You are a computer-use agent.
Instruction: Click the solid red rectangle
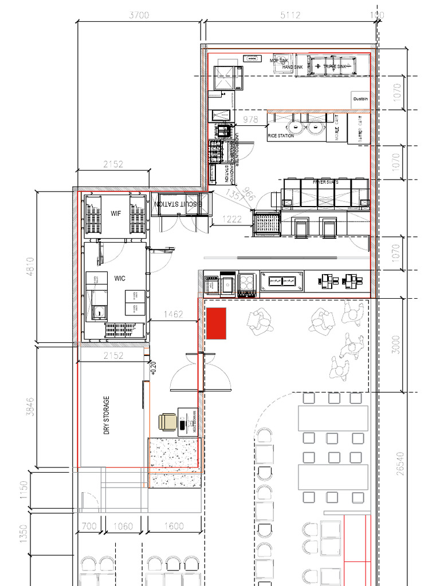[x=217, y=323]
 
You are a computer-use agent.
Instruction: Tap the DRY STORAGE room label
[x=107, y=415]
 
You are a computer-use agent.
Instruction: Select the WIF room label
[x=116, y=213]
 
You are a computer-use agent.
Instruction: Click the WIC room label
[x=120, y=279]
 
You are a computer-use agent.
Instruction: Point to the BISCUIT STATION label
[x=178, y=204]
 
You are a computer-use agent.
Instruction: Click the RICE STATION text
[x=281, y=136]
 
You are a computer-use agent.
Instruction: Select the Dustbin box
[x=360, y=99]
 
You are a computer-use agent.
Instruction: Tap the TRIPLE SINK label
[x=335, y=67]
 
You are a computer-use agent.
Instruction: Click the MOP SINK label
[x=280, y=60]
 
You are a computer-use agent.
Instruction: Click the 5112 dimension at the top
[x=290, y=15]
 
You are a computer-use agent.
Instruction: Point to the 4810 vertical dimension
[x=30, y=267]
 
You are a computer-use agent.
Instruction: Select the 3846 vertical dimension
[x=30, y=407]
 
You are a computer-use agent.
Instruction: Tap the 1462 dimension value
[x=173, y=314]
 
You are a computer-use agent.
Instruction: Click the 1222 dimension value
[x=232, y=219]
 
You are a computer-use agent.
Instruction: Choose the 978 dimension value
[x=250, y=119]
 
